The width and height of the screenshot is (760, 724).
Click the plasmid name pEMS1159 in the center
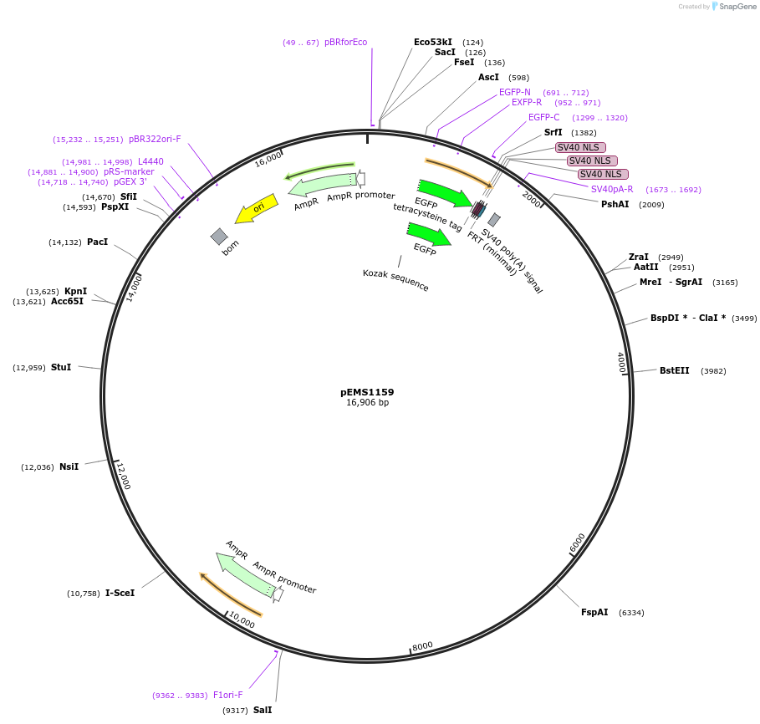pos(367,391)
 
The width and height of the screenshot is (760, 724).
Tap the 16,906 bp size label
pos(367,403)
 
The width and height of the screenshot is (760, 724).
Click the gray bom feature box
pos(219,237)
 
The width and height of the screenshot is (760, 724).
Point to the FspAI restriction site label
pos(594,612)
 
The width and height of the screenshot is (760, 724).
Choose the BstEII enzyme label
pos(674,370)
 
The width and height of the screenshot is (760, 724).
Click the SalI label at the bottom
pos(263,710)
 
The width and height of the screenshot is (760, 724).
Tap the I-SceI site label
pos(120,593)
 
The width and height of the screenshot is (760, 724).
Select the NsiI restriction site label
pos(69,467)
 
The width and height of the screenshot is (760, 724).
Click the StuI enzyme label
pos(61,367)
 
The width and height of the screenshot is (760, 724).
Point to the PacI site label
pos(98,242)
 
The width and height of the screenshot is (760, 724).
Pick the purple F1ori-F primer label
pos(227,695)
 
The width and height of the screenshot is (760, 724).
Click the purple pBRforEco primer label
pos(345,42)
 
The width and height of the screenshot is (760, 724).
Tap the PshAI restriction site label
pos(615,204)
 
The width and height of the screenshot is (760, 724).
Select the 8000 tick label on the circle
pos(422,645)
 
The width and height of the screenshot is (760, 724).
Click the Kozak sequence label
pos(395,280)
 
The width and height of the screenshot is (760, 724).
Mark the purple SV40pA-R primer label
pos(612,189)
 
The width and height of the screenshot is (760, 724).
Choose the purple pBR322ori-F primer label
pos(155,139)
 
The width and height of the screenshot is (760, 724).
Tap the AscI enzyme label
pos(488,77)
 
